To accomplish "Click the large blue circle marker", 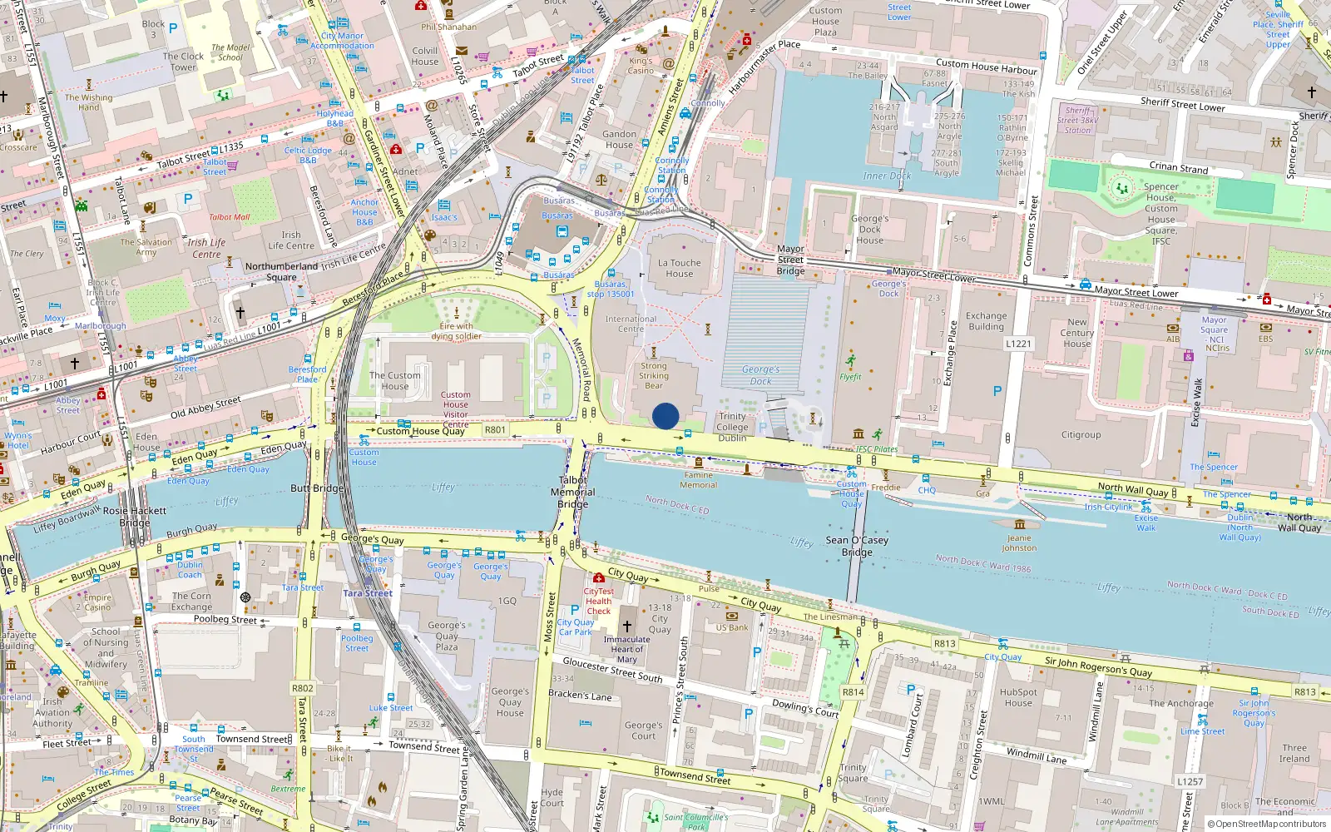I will (665, 416).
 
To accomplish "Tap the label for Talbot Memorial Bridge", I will (573, 492).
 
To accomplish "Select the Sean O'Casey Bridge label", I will (857, 546).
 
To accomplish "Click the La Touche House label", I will (679, 268).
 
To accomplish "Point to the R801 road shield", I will (495, 430).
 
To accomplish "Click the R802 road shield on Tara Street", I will (303, 688).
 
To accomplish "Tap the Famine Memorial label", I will (699, 480).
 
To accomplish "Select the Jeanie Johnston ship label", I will (1019, 542).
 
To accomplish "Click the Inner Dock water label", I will (887, 176).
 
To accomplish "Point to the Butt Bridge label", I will (317, 488).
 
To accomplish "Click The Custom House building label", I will (395, 380).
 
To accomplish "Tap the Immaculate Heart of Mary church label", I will (627, 649).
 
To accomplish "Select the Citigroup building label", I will (1081, 434).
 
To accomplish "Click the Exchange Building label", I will (987, 321).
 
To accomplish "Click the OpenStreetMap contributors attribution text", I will (1267, 825).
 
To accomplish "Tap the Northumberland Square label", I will (281, 272).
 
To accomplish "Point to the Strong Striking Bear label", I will (654, 375).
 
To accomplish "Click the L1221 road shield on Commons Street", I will (1018, 344).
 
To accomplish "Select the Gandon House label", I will (619, 139).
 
